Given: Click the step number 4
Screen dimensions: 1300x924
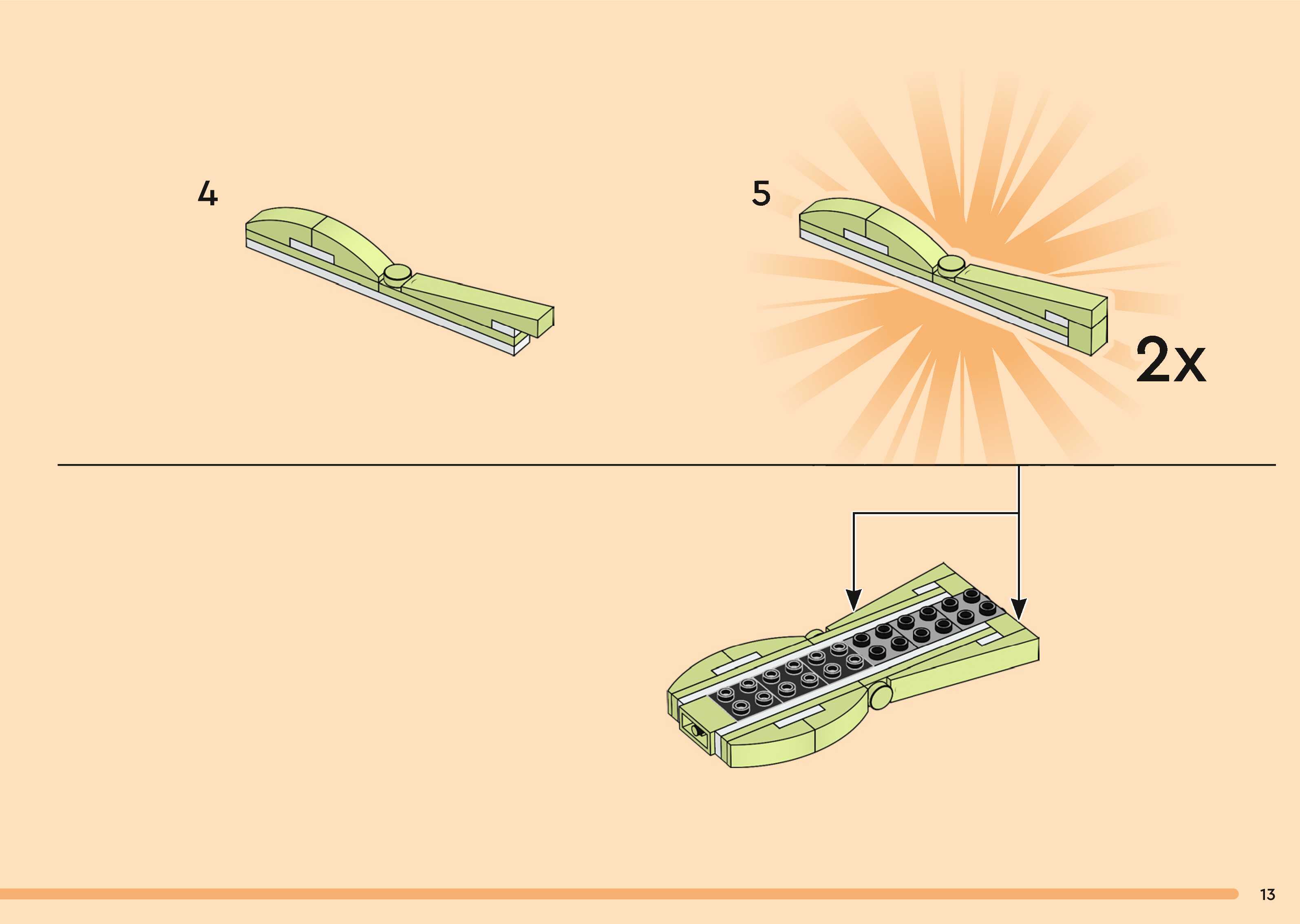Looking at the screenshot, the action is coord(208,194).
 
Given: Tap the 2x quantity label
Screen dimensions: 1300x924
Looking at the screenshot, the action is coord(1170,360).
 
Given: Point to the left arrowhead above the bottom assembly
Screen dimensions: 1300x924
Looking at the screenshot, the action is coord(853,600).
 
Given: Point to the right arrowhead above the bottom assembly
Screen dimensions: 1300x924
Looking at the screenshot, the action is coord(1019,609).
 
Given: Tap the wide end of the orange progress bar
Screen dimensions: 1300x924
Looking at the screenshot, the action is coord(1229,894).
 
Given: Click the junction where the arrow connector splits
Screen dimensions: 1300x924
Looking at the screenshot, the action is coord(1019,514).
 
